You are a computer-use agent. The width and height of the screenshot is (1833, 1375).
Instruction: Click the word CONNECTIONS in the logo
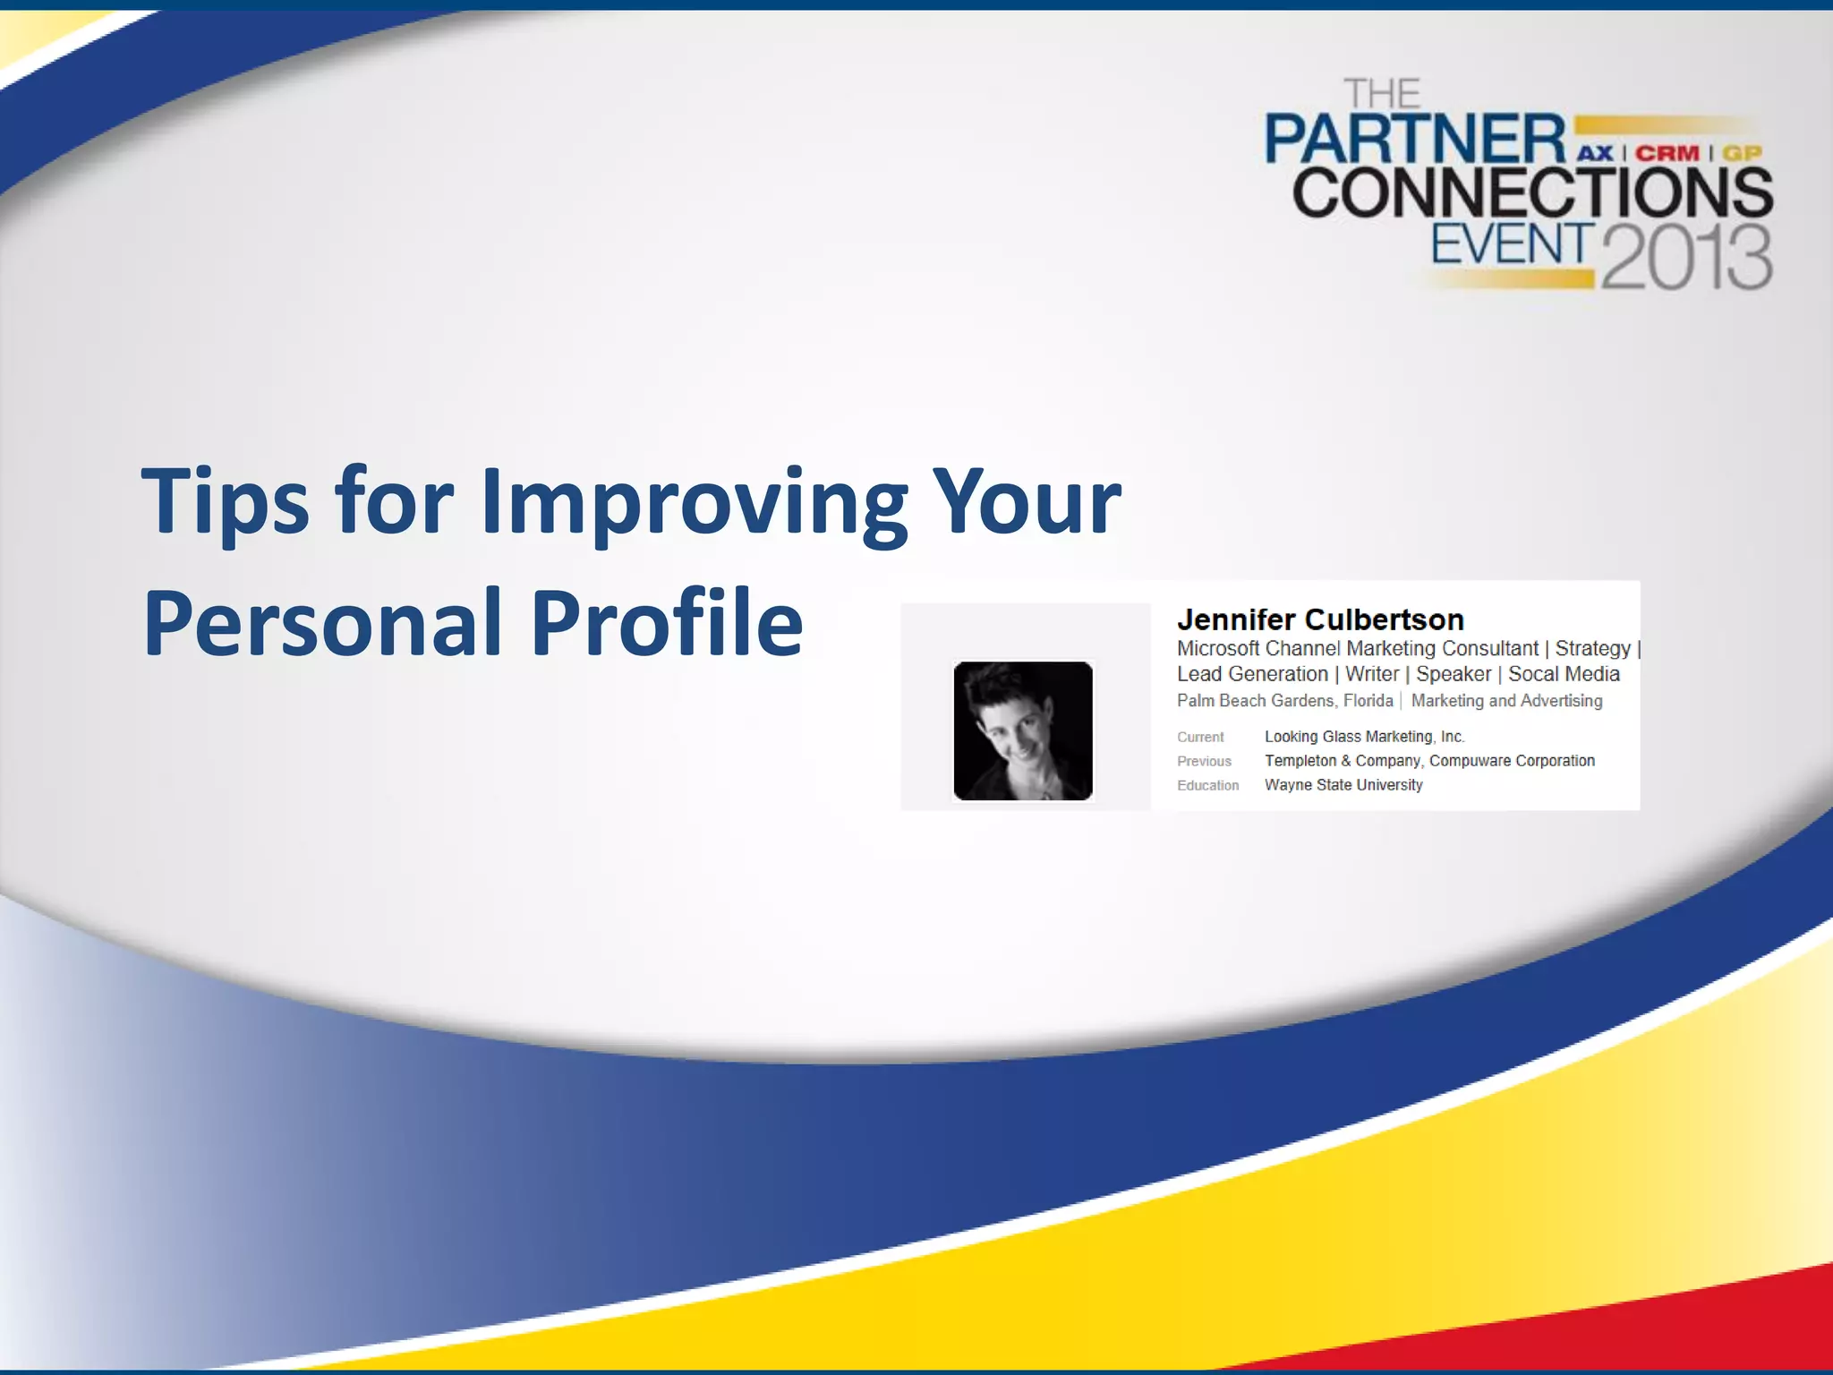tap(1531, 193)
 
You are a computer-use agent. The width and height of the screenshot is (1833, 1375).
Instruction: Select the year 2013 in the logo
tap(1686, 258)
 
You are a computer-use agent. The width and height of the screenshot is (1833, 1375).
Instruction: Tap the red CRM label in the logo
tap(1667, 153)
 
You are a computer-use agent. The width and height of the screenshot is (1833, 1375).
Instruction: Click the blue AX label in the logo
tap(1595, 153)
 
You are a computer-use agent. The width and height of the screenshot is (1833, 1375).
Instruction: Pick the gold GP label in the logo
tap(1742, 153)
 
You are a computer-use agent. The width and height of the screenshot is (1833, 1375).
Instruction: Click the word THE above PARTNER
tap(1382, 94)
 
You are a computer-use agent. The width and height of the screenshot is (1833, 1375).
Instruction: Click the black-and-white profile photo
tap(1023, 730)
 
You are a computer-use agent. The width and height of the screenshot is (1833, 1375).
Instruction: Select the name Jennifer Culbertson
tap(1320, 619)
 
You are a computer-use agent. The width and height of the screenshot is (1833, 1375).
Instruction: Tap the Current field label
tap(1200, 738)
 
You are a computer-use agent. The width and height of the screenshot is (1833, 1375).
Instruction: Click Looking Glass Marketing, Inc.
tap(1364, 737)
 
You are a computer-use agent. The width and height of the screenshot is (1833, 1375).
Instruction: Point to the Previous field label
tap(1204, 762)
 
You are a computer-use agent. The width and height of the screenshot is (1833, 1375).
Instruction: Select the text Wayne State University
tap(1343, 785)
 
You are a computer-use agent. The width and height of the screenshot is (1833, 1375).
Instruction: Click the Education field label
tap(1207, 786)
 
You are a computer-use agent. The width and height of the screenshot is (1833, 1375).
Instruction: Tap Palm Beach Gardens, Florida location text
tap(1284, 701)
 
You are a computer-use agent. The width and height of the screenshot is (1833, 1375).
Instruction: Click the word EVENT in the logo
tap(1512, 244)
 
